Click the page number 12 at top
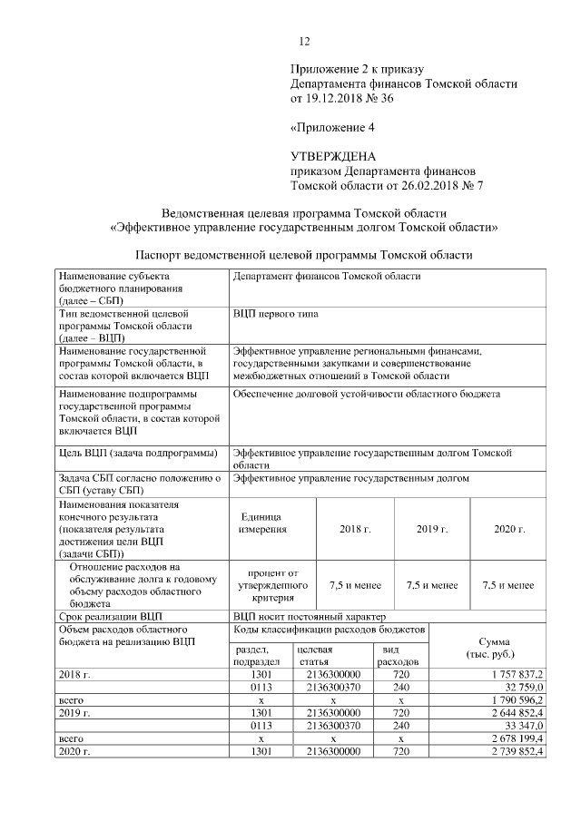(x=305, y=41)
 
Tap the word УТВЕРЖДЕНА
(x=332, y=156)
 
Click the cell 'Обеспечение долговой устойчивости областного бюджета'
(x=367, y=394)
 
